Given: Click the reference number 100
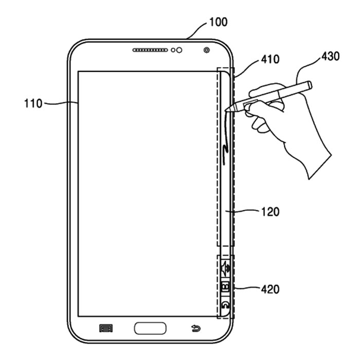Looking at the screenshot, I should click(218, 22).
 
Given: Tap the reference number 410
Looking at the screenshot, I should click(269, 60).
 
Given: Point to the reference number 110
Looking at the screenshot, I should click(33, 103).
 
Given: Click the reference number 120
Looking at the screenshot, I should click(269, 211).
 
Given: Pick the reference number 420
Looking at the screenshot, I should click(269, 290).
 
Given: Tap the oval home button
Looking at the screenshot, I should click(150, 328).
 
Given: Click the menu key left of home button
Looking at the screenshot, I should click(106, 328).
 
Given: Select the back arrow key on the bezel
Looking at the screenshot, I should click(195, 328).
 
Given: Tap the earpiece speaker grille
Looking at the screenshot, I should click(151, 50).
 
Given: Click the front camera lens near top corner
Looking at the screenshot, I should click(206, 50).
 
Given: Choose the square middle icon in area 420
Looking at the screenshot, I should click(225, 287).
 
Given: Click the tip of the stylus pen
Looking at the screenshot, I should click(228, 109).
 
